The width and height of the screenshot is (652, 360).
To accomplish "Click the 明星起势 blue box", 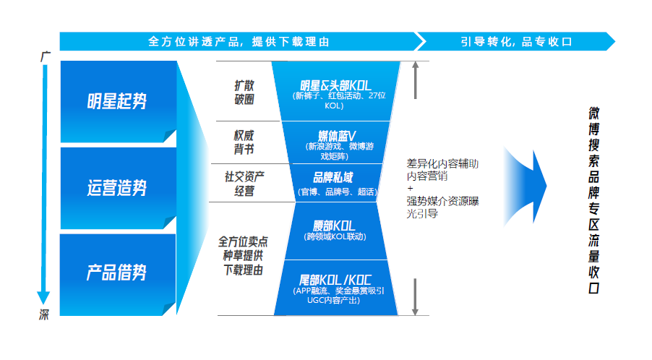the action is pyautogui.click(x=116, y=100).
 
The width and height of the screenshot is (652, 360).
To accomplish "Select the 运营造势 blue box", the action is pyautogui.click(x=116, y=188).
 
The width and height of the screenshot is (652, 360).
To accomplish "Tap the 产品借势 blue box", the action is pyautogui.click(x=116, y=273).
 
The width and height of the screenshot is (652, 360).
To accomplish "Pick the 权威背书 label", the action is pyautogui.click(x=244, y=142).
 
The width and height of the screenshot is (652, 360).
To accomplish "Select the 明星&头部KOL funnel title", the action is pyautogui.click(x=335, y=86).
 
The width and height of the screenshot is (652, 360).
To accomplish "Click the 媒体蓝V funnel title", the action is pyautogui.click(x=337, y=135).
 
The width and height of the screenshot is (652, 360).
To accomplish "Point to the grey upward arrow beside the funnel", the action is pyautogui.click(x=416, y=80).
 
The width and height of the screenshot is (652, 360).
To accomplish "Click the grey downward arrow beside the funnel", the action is pyautogui.click(x=416, y=296).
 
